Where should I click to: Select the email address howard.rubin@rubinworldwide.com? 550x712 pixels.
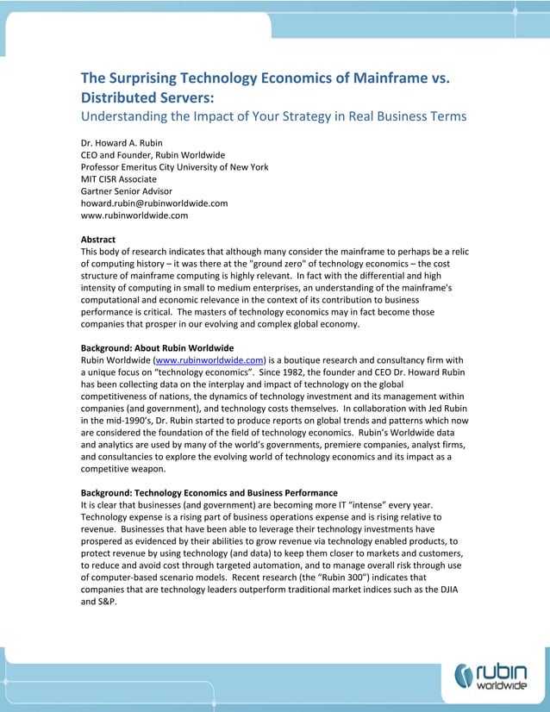pos(153,203)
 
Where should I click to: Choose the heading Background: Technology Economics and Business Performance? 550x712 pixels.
pos(209,492)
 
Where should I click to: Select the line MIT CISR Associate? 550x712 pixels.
pos(118,179)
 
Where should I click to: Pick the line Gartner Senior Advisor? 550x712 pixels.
pos(126,191)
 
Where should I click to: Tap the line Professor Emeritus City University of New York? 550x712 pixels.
pos(174,167)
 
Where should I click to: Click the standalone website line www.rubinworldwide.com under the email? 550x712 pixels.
pos(134,215)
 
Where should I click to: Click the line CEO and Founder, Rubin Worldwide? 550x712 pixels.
pos(153,155)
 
